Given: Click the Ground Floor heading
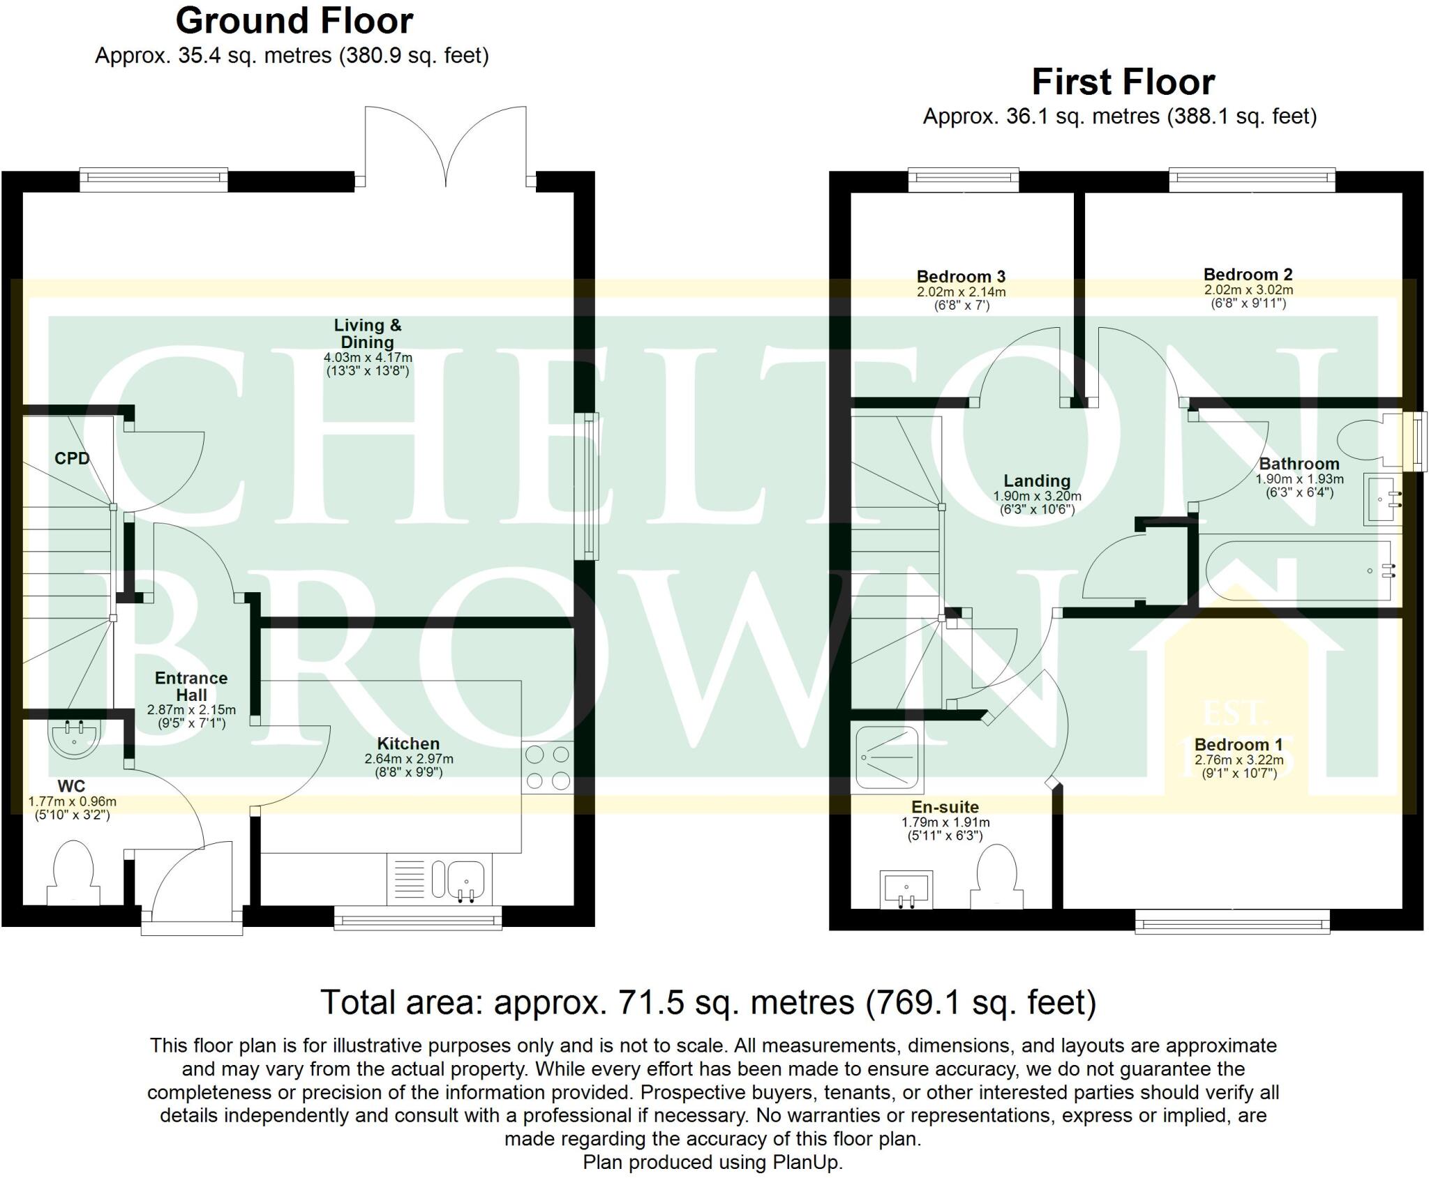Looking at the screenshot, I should click(x=294, y=21).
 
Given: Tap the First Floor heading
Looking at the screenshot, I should click(x=1123, y=82).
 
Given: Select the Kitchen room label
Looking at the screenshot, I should click(x=408, y=743).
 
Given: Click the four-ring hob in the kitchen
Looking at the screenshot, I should click(x=548, y=767).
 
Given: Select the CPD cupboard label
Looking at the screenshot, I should click(x=72, y=458).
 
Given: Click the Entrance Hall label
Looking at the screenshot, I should click(x=191, y=686).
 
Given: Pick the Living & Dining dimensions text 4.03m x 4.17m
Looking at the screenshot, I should click(x=368, y=358).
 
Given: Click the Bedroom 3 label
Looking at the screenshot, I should click(x=961, y=277).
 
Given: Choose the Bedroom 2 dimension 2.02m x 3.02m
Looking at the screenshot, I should click(x=1248, y=289).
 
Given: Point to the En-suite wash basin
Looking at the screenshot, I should click(x=906, y=889).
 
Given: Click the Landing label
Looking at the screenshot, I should click(x=1037, y=481).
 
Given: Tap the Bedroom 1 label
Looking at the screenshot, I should click(x=1239, y=744).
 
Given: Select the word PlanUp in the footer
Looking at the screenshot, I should click(x=806, y=1163).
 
